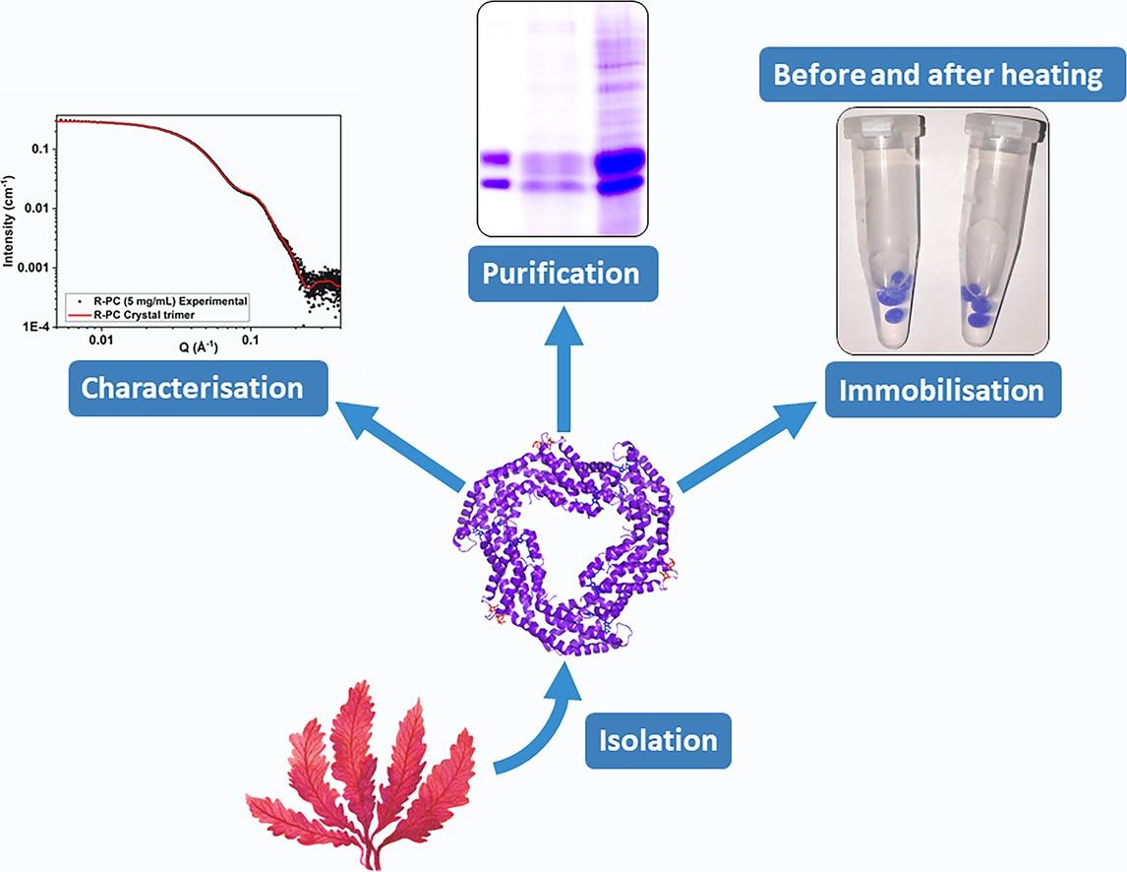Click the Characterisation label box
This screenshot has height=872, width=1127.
192,388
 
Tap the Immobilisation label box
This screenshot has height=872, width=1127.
943,390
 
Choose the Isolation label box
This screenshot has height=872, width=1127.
659,740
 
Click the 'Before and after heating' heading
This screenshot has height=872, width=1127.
937,75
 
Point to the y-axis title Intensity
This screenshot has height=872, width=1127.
9,222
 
